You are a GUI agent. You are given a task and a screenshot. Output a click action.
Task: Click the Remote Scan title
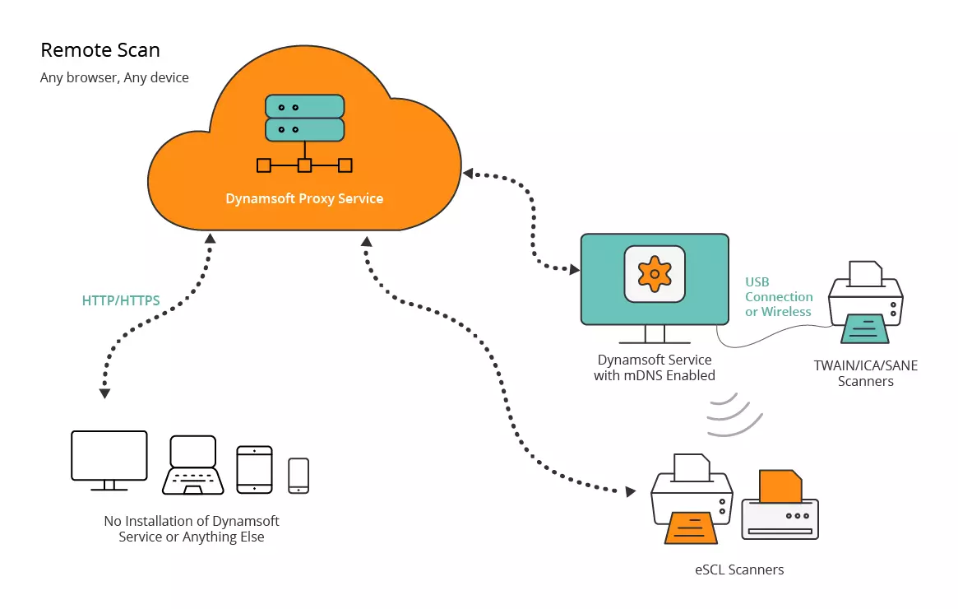[100, 50]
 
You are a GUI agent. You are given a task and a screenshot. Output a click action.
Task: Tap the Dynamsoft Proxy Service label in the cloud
[304, 198]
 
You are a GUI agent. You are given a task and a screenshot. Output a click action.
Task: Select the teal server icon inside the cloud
[304, 118]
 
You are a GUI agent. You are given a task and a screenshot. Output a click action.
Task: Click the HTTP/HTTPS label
[121, 301]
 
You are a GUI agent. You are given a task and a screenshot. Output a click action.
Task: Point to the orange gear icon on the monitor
[655, 273]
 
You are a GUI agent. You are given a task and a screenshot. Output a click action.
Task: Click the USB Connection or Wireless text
[779, 297]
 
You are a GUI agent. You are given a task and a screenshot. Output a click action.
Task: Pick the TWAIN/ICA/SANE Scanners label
[865, 374]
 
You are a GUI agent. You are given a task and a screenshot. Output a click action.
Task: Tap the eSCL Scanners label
[739, 569]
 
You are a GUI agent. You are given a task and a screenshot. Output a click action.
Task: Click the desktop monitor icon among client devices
[109, 460]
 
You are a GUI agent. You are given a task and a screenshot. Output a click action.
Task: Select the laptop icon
[192, 465]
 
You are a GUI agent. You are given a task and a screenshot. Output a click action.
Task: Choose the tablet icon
[254, 469]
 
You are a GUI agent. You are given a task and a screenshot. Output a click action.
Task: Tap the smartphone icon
[299, 476]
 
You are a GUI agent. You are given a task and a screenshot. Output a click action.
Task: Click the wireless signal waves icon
[729, 415]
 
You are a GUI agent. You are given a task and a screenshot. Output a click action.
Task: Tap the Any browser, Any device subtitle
[114, 78]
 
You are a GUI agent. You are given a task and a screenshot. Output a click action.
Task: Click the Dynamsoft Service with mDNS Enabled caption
[655, 368]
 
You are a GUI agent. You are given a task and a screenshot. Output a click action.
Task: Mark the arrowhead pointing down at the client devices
[104, 393]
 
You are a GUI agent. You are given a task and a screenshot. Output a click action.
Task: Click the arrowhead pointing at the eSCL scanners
[631, 491]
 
